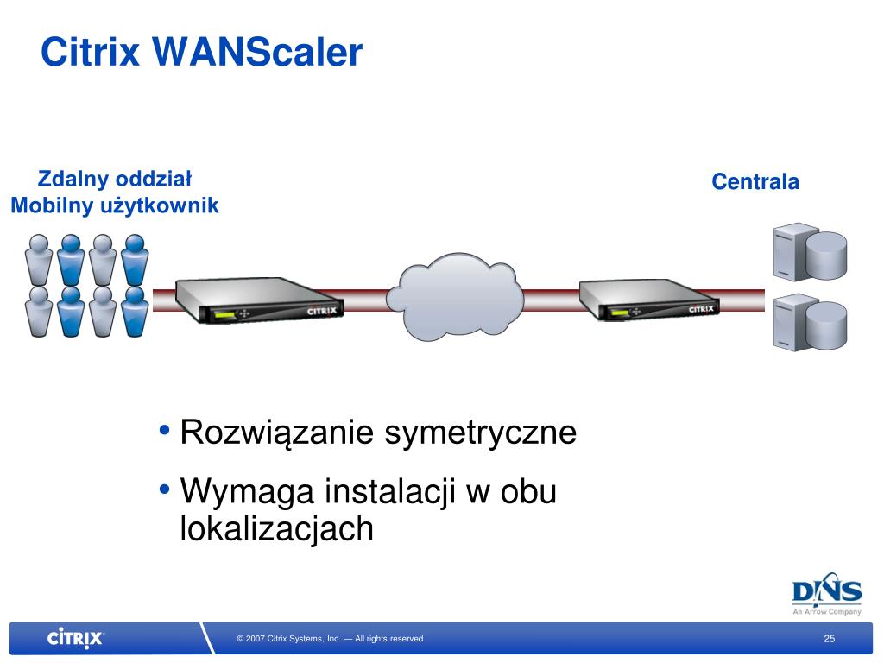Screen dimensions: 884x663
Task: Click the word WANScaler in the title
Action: (257, 52)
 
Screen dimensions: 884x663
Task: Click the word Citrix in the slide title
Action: (90, 52)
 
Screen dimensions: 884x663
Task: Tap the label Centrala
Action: (755, 181)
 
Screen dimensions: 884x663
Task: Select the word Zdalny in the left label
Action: (73, 179)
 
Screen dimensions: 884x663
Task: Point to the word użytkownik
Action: (159, 205)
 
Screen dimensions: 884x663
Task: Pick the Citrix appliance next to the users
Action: (259, 300)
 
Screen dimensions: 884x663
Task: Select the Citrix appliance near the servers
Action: (649, 300)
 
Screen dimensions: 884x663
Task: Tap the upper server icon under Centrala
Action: (810, 252)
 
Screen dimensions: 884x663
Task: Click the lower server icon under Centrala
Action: (810, 322)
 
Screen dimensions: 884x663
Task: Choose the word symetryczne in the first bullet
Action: (480, 433)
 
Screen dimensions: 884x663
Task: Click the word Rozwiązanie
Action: (277, 433)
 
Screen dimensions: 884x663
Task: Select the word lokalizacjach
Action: (277, 528)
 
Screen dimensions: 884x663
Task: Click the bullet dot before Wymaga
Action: (165, 489)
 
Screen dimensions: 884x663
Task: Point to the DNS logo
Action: (827, 594)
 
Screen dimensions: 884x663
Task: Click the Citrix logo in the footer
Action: (76, 638)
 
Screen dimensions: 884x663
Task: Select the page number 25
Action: (830, 639)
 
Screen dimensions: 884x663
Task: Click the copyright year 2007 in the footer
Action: (256, 639)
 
